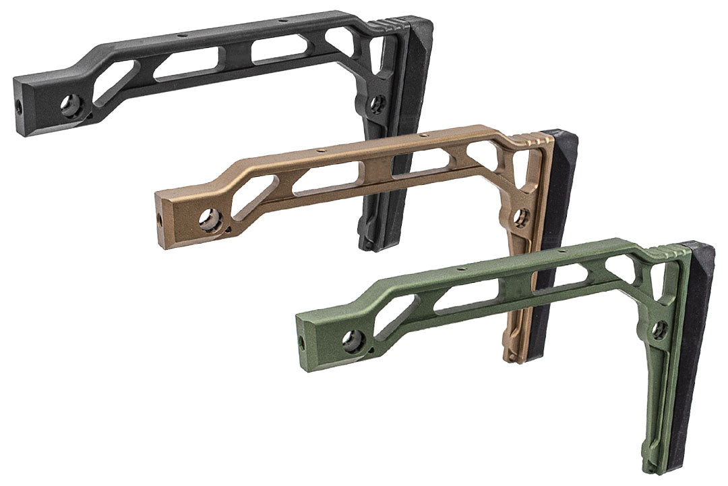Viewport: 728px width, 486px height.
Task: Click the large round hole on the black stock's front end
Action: tap(70, 105)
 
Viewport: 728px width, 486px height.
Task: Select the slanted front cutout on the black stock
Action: tap(117, 82)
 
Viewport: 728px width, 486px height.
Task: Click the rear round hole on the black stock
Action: tap(377, 103)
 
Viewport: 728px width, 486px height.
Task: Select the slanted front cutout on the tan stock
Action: tap(255, 196)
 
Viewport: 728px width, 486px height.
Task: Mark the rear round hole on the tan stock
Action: tap(521, 217)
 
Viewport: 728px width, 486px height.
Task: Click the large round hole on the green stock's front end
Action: tap(352, 341)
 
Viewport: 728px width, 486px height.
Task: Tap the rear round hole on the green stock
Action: tap(659, 329)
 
